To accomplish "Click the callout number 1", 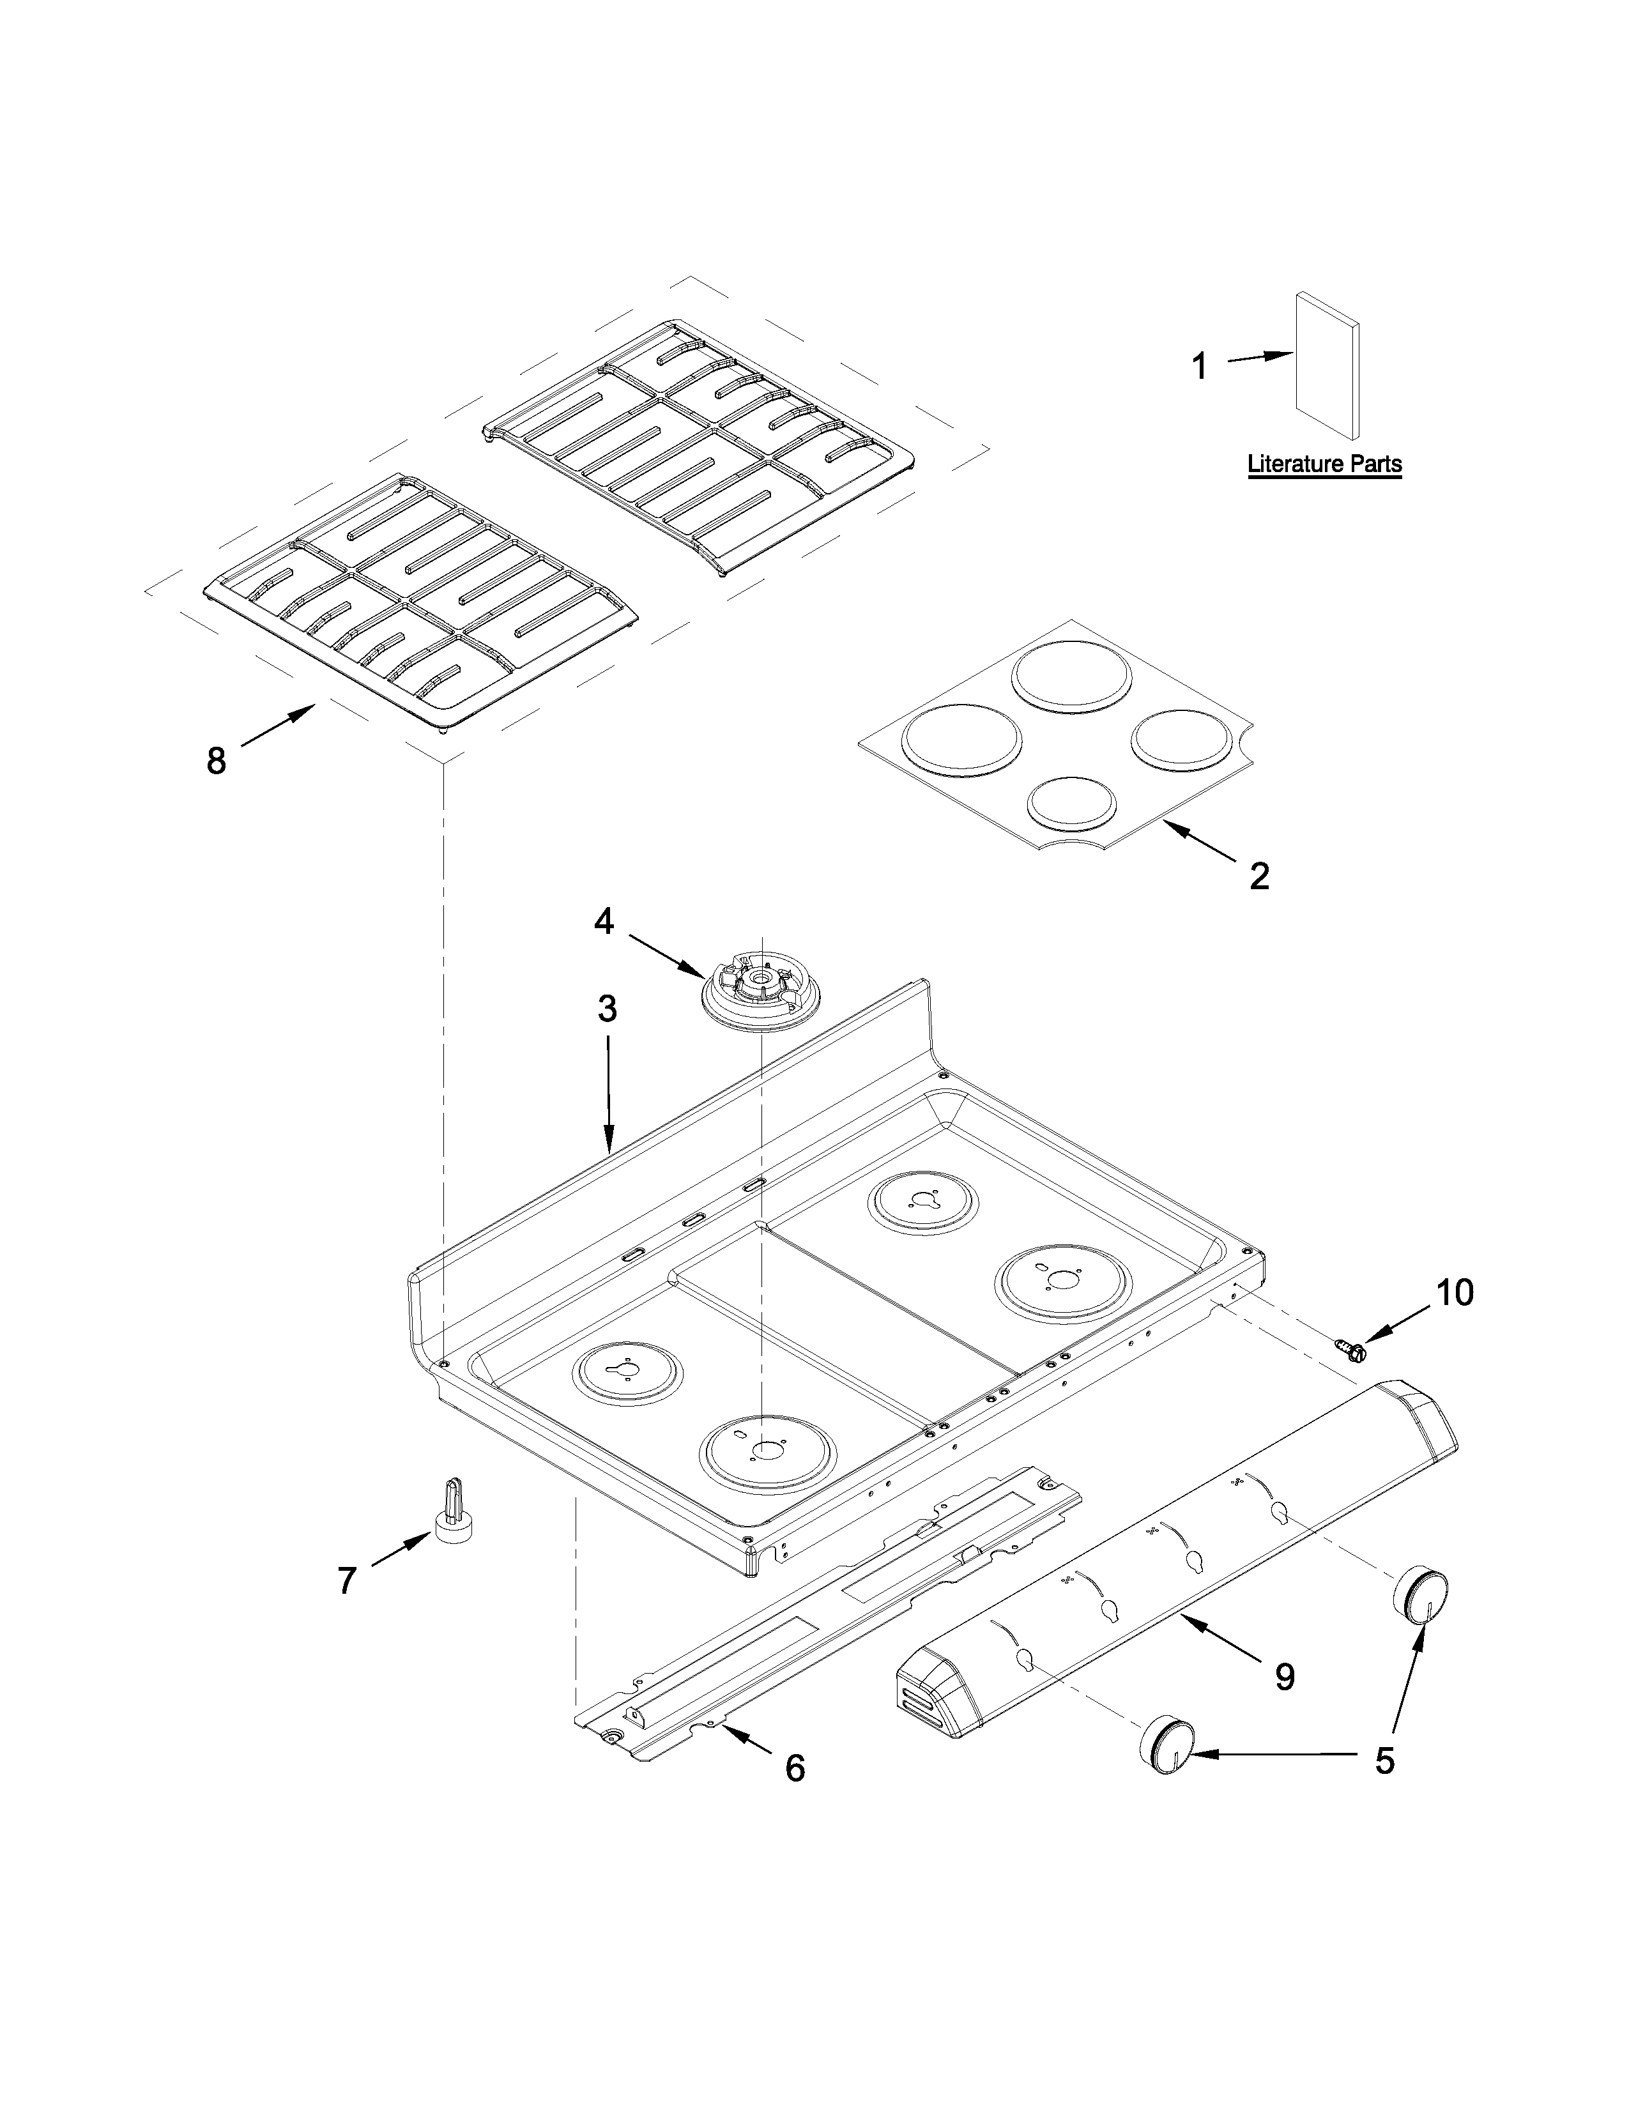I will coord(1200,367).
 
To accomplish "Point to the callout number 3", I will coord(607,1009).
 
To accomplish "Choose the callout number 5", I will coord(1385,1760).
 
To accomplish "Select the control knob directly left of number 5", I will coord(1168,1745).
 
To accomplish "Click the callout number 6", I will coord(794,1768).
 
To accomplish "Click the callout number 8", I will coord(216,761).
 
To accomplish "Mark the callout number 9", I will coord(1285,1677).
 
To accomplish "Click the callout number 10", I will coord(1455,1292).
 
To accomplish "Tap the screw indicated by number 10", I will coord(1351,1349).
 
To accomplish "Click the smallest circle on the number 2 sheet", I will coord(1072,802).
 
